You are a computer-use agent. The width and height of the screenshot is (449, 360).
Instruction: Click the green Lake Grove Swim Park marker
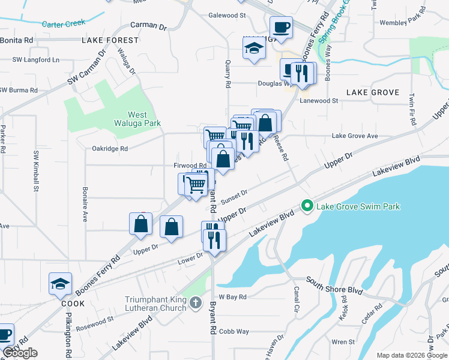click(308, 207)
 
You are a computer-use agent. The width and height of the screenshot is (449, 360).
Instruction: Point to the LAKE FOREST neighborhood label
click(110, 40)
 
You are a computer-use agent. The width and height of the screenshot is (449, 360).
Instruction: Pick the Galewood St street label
click(227, 15)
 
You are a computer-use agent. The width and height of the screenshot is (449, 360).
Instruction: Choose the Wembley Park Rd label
click(401, 23)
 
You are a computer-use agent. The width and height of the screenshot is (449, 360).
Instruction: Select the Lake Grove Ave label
click(355, 136)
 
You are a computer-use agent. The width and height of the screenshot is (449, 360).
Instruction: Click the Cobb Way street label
click(234, 331)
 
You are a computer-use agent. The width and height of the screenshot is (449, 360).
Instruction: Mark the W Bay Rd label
click(233, 297)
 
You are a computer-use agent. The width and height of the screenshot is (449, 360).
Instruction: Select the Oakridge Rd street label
click(110, 148)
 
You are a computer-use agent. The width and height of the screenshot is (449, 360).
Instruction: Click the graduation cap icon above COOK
click(60, 284)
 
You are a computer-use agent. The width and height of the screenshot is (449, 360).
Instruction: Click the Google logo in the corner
click(20, 353)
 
